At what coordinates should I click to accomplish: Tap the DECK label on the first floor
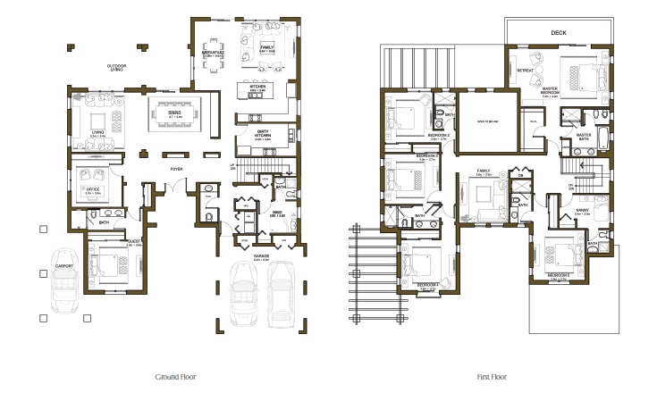click(559, 33)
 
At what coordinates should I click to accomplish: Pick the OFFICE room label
click(93, 190)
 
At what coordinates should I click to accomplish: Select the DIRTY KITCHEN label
click(264, 134)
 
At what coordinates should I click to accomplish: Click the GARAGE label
click(262, 256)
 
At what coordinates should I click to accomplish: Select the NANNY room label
click(582, 211)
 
